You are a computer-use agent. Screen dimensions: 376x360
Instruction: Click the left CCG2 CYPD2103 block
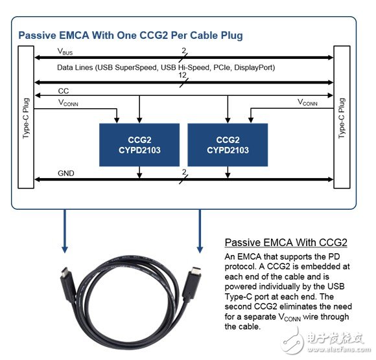tap(139, 145)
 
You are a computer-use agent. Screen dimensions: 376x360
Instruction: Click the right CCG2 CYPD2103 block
tap(228, 145)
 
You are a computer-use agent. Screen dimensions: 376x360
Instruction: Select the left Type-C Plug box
tap(26, 117)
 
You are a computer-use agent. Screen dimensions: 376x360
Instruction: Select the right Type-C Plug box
tap(342, 117)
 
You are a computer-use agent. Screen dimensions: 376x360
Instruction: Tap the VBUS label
tap(65, 52)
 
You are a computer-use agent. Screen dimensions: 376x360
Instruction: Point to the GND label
tap(66, 173)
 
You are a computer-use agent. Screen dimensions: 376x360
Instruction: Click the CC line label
tap(64, 91)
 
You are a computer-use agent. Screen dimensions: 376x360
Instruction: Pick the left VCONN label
tap(68, 103)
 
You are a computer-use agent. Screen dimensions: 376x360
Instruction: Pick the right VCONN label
tap(307, 102)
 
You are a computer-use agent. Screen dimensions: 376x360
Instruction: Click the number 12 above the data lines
tap(182, 75)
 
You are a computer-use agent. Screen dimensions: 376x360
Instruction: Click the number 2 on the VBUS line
tap(183, 51)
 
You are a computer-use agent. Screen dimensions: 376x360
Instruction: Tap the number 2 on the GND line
tap(184, 172)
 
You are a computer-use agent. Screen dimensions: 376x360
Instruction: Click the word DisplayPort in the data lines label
tap(253, 67)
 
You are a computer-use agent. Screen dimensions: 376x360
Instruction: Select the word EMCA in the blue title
tap(74, 35)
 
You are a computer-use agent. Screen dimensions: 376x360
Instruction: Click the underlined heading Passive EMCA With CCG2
tap(286, 242)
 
